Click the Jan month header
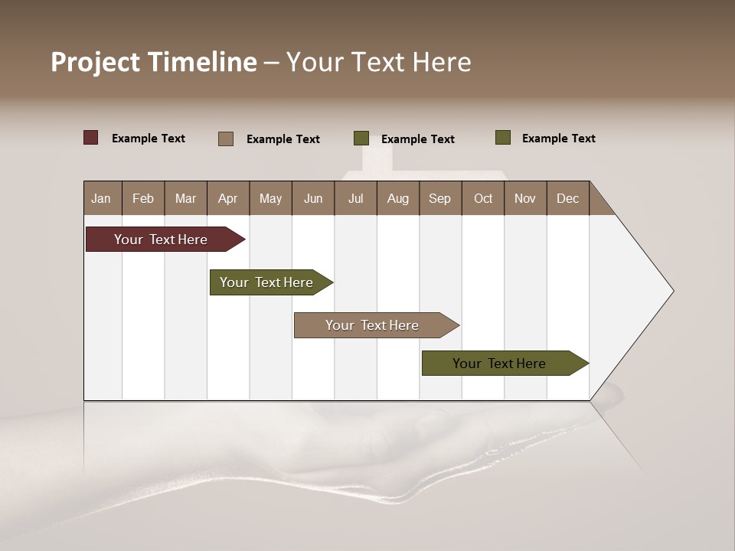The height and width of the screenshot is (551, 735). point(101,198)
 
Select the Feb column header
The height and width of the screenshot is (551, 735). point(143,198)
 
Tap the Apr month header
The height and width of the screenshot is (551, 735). point(227,198)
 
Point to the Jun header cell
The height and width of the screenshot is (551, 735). point(313,198)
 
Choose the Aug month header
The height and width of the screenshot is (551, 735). point(397,198)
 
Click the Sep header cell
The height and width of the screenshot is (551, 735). point(439,198)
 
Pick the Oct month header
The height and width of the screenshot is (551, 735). point(483,198)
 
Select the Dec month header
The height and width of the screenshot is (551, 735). point(567,198)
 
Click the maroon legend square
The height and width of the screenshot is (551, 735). point(91,138)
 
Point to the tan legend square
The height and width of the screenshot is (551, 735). point(226,139)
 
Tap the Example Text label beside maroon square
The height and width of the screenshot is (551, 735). point(149,139)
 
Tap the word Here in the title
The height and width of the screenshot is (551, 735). point(442,62)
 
